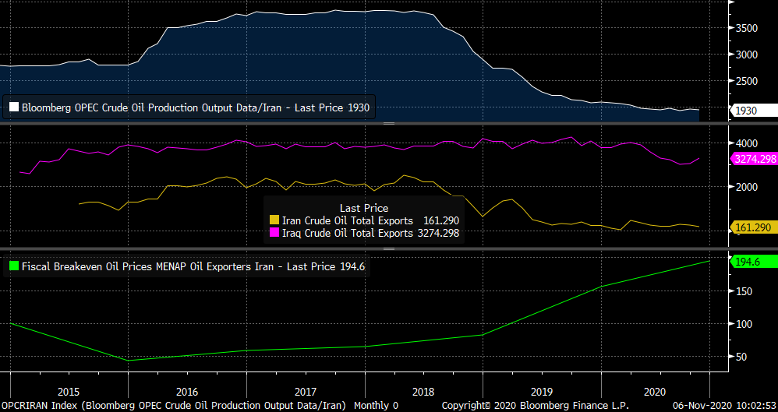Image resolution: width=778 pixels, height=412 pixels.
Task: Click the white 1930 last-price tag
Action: click(752, 111)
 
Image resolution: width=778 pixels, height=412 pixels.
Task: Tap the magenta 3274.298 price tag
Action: click(753, 158)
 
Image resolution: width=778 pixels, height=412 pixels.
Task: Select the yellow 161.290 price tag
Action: click(753, 227)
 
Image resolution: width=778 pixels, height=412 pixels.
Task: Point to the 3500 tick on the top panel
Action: click(748, 28)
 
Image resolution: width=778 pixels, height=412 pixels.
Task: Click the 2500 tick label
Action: click(748, 81)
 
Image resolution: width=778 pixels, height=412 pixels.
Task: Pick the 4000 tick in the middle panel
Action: click(747, 143)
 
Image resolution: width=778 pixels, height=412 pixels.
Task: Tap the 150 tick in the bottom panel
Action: click(744, 291)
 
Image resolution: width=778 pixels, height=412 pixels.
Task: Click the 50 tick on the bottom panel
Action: click(741, 357)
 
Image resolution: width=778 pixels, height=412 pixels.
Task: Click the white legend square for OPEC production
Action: click(13, 107)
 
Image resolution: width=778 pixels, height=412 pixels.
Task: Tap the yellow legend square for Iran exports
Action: click(274, 220)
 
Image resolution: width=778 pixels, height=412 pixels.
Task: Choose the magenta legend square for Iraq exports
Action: click(274, 232)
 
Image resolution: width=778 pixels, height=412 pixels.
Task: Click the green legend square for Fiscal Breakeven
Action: click(13, 266)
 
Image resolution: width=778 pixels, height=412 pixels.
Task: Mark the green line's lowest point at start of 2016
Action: click(127, 361)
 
